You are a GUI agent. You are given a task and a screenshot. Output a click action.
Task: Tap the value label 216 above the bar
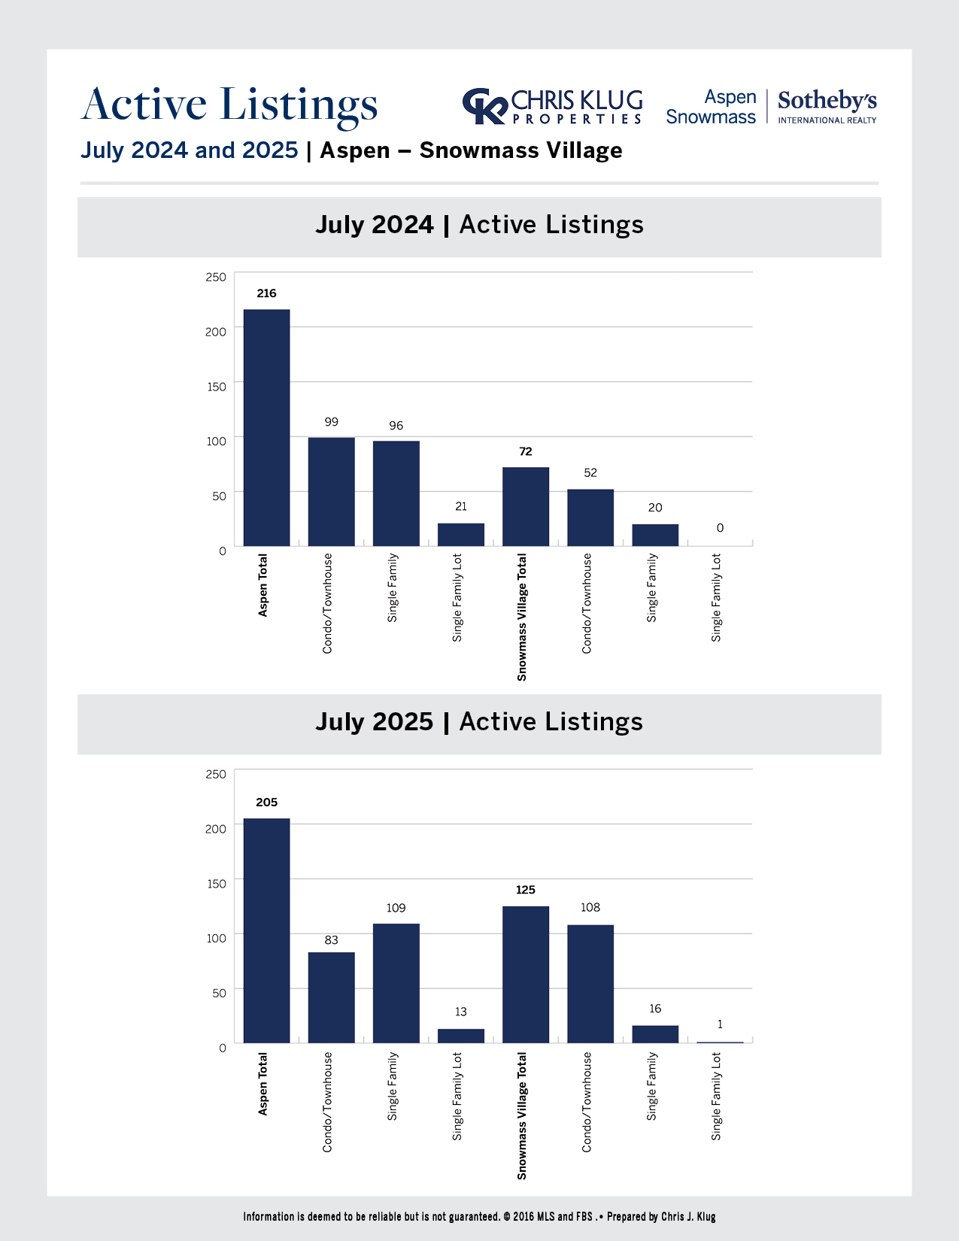(x=266, y=293)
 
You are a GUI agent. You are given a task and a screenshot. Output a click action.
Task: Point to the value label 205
(x=266, y=803)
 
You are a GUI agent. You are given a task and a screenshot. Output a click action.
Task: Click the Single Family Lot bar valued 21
(x=461, y=535)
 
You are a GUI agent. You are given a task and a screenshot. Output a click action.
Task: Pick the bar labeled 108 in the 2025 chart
(x=590, y=983)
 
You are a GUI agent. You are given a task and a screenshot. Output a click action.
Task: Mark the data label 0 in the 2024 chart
(x=720, y=528)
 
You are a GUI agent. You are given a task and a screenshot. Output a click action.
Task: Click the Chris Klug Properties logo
(x=553, y=106)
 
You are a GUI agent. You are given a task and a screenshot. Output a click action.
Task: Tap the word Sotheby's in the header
(x=827, y=101)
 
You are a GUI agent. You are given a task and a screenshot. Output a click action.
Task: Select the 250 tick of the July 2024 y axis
(x=216, y=277)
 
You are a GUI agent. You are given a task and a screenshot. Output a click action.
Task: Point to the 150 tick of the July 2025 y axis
(x=216, y=884)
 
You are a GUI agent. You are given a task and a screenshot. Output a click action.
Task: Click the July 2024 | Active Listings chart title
(x=479, y=225)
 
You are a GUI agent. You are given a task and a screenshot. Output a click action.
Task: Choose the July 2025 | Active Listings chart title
(x=479, y=722)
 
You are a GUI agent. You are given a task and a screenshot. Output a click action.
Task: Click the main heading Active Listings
(x=229, y=105)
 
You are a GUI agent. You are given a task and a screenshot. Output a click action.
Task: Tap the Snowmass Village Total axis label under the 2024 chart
(x=522, y=617)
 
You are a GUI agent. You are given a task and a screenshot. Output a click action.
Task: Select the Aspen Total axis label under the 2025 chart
(x=263, y=1084)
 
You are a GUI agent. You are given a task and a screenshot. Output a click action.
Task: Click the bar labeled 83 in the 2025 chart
(x=332, y=997)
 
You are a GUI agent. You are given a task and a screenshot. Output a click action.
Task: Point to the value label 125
(x=526, y=890)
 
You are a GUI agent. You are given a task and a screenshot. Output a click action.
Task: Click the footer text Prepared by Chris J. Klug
(x=661, y=1216)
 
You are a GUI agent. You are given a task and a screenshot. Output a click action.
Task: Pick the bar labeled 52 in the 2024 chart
(x=590, y=517)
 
